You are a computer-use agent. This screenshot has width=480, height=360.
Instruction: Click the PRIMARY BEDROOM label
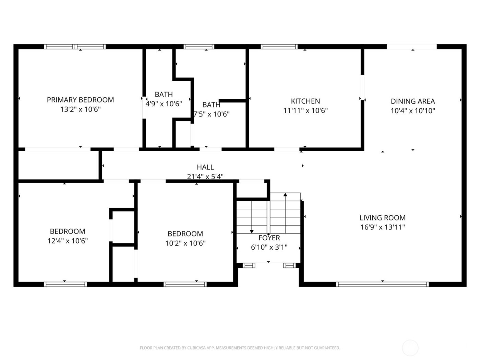[x=80, y=100]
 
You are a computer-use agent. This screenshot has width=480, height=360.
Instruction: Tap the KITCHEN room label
[x=305, y=101]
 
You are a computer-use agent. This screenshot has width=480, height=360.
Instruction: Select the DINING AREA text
[x=413, y=101]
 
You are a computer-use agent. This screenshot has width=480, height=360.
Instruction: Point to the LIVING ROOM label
[x=382, y=218]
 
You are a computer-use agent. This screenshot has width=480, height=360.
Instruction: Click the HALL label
[x=205, y=167]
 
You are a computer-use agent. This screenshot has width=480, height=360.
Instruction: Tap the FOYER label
[x=269, y=238]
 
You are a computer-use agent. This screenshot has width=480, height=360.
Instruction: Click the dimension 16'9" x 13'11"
[x=382, y=227]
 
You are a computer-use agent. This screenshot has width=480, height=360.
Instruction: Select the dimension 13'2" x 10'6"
[x=80, y=109]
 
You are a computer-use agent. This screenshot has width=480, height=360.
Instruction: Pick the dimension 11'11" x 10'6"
[x=305, y=110]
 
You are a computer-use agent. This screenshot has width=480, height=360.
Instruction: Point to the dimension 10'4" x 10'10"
[x=413, y=111]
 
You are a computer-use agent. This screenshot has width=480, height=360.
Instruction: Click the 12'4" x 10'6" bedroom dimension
[x=68, y=241]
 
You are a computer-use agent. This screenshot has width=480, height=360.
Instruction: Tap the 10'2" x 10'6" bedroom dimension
[x=185, y=243]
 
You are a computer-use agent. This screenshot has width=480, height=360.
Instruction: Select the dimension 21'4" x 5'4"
[x=205, y=177]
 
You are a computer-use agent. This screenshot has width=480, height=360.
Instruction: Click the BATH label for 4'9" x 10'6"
[x=164, y=94]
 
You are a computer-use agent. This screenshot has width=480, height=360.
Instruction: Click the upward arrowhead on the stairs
[x=285, y=195]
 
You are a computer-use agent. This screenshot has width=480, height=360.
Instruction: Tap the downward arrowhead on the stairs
[x=252, y=231]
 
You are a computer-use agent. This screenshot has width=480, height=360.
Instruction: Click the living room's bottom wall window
[x=382, y=284]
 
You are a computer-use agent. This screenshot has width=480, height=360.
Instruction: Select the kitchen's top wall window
[x=279, y=47]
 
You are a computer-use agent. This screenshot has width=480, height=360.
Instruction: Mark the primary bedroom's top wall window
[x=75, y=47]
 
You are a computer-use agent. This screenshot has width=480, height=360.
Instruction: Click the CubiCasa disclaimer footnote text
[x=240, y=348]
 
